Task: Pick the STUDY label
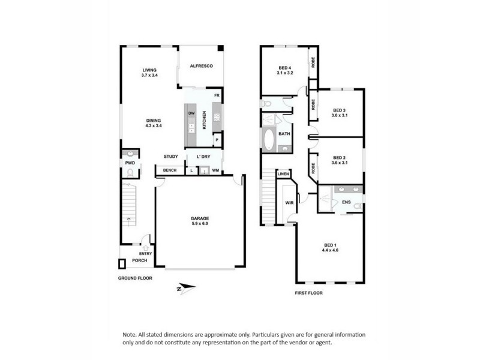tap(171, 157)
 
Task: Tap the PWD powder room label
tap(129, 162)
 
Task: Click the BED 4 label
tap(284, 67)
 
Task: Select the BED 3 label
tap(340, 110)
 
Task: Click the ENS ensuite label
tap(346, 202)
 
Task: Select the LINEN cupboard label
tap(283, 175)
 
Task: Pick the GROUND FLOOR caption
tap(135, 278)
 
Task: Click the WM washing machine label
tap(215, 171)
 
